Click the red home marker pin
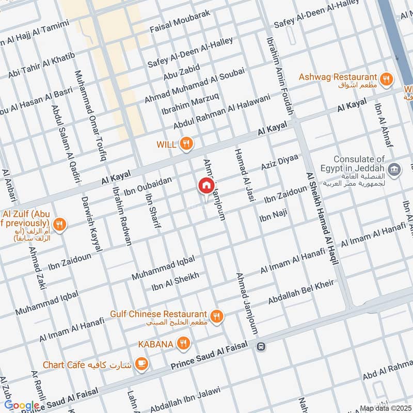pos(205,186)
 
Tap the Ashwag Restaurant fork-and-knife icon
pos(385,79)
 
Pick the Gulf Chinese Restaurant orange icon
pos(217,315)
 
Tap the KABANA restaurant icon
pos(182,343)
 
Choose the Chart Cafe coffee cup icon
pos(141,364)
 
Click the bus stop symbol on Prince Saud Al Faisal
pos(262,346)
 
